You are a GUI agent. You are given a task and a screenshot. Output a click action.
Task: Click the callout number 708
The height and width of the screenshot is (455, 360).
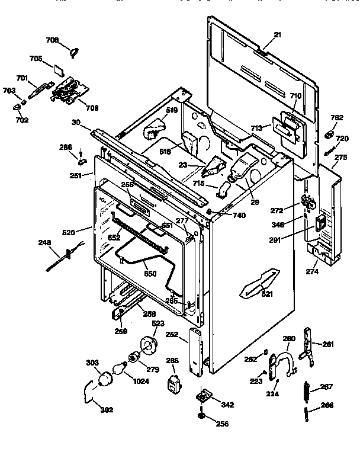(52, 40)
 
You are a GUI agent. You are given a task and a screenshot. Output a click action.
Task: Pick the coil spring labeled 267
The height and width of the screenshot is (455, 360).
(308, 389)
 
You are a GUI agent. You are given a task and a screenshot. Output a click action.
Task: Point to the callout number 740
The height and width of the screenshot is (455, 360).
(239, 216)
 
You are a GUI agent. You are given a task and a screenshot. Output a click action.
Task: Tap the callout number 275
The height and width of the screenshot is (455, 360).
(341, 157)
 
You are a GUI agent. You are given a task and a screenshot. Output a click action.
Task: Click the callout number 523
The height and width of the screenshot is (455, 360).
(158, 323)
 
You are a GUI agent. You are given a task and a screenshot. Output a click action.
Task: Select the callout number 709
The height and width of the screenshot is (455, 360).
(92, 108)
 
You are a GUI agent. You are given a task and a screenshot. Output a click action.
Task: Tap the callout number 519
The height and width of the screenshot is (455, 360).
(171, 110)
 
